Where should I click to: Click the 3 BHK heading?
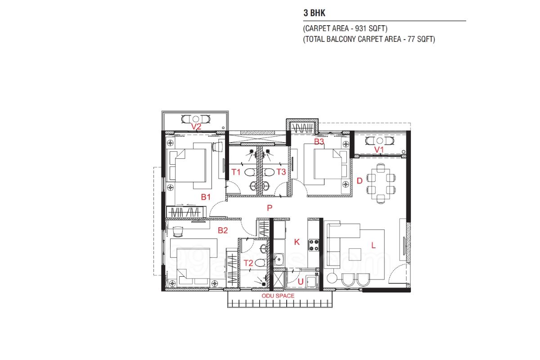tap(315, 13)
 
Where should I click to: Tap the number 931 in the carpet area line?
tap(360, 28)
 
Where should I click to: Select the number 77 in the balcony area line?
tap(411, 39)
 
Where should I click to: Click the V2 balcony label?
tap(196, 126)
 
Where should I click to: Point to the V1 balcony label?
tap(379, 150)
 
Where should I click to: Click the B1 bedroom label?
tap(206, 197)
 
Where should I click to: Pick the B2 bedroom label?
tap(222, 230)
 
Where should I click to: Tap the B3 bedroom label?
tap(319, 141)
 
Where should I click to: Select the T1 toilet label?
tap(236, 172)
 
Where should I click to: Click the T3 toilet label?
tap(281, 172)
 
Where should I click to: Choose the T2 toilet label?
tap(248, 263)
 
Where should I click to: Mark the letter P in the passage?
tap(270, 208)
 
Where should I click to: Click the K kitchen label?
tap(297, 242)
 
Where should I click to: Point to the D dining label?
tap(360, 180)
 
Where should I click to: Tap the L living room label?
tap(373, 245)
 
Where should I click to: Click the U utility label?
tap(301, 281)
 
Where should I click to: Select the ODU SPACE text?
tap(278, 296)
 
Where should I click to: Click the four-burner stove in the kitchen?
tap(314, 245)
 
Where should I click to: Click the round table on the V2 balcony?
tap(196, 119)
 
